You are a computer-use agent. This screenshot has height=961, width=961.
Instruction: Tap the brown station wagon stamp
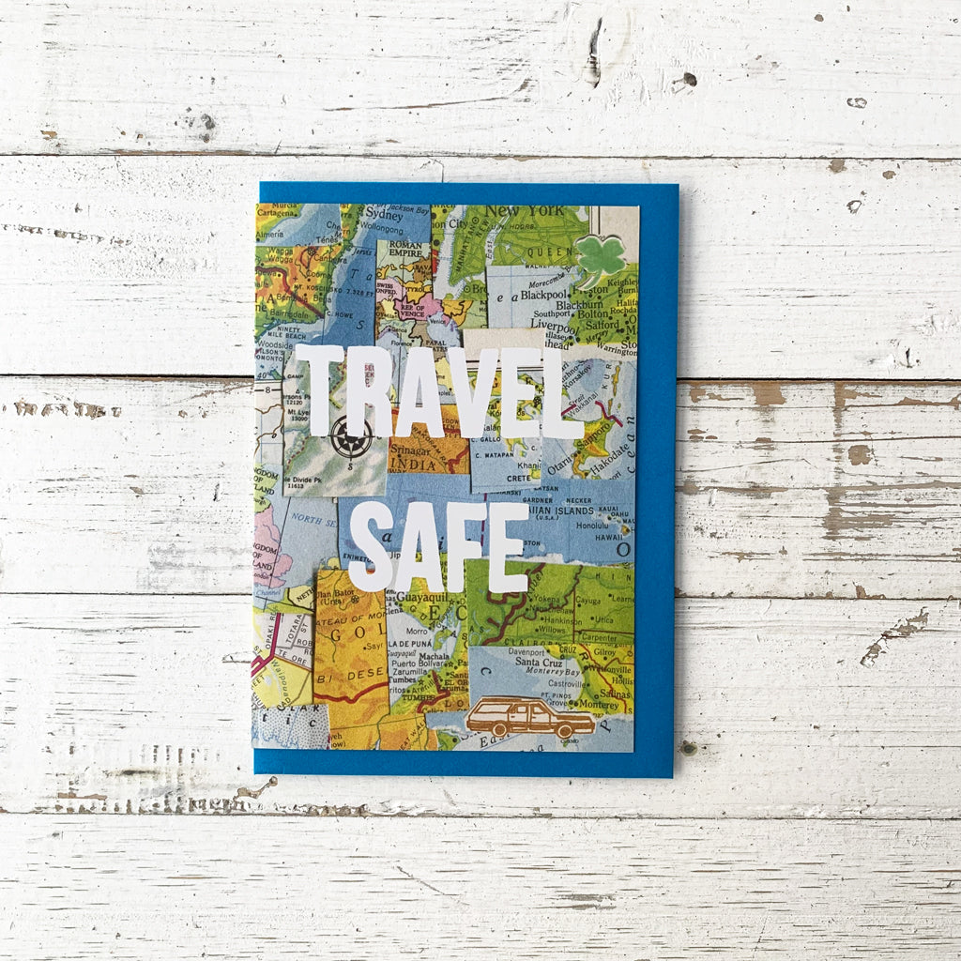tap(530, 717)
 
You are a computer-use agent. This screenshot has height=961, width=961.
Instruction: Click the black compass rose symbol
tap(352, 436)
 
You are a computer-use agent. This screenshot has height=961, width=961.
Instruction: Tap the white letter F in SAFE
tap(462, 547)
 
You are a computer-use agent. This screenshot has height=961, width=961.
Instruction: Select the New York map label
tap(537, 211)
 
